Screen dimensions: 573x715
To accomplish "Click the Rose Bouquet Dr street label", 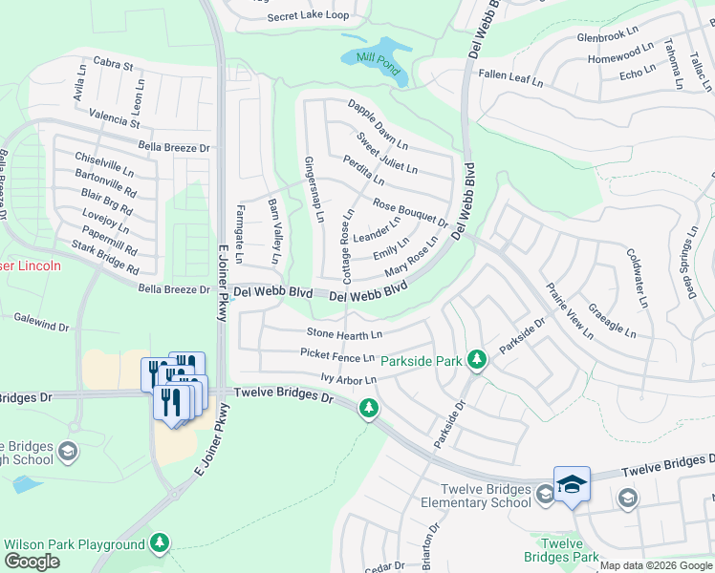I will pos(410,213).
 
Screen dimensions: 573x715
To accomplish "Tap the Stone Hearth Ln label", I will pos(344,333).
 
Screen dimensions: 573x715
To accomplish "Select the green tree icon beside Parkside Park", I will pos(477,360).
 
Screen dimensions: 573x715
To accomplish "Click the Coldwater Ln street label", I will pos(638,277).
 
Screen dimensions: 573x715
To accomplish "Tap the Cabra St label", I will pos(113,64).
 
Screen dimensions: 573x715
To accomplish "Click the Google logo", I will pos(31,562).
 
